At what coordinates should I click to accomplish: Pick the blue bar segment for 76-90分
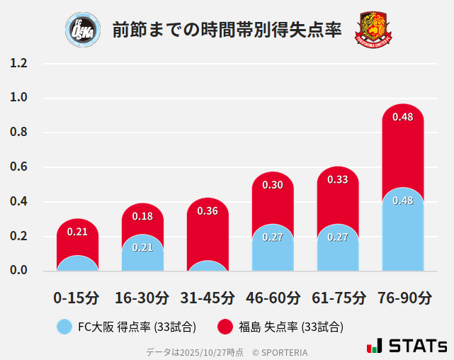pyautogui.click(x=402, y=234)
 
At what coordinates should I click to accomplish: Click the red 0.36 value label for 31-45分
pyautogui.click(x=208, y=211)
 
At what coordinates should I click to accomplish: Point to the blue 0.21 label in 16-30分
pyautogui.click(x=142, y=247)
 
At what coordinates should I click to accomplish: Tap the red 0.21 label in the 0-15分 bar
pyautogui.click(x=77, y=232)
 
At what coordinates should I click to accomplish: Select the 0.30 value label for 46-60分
pyautogui.click(x=273, y=185)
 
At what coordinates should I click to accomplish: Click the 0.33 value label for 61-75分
pyautogui.click(x=338, y=180)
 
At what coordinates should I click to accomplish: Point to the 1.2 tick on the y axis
pyautogui.click(x=18, y=64)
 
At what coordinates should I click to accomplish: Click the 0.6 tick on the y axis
pyautogui.click(x=18, y=167)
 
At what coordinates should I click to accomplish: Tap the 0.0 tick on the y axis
pyautogui.click(x=18, y=271)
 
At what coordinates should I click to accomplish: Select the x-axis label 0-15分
pyautogui.click(x=77, y=298)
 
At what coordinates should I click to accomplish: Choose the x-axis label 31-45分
pyautogui.click(x=208, y=298)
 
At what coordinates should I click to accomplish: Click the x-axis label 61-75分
pyautogui.click(x=338, y=298)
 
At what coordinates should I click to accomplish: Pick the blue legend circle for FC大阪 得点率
pyautogui.click(x=64, y=327)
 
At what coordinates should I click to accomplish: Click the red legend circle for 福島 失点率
pyautogui.click(x=225, y=327)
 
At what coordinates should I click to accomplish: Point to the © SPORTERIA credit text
pyautogui.click(x=280, y=351)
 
